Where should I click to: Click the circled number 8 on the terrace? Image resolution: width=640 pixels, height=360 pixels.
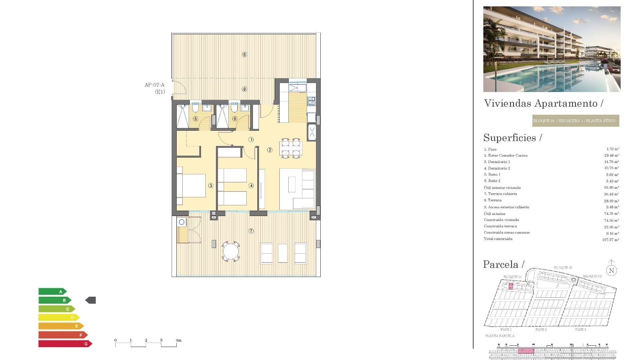244,54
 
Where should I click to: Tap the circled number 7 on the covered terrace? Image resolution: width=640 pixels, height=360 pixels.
251,231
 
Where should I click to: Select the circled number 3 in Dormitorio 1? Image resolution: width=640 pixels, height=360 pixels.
211,186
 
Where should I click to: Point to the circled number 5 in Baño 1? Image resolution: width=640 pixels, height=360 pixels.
196,119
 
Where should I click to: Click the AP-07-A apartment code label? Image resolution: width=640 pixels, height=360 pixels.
154,85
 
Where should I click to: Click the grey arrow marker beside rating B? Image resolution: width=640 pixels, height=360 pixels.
91,300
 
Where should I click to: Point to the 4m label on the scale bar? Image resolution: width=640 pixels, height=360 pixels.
179,340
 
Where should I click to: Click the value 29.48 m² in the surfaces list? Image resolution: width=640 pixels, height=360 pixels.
611,155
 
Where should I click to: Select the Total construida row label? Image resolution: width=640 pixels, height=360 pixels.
498,239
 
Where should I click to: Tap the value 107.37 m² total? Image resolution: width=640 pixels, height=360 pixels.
610,240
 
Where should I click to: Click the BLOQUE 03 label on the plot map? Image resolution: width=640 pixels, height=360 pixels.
592,276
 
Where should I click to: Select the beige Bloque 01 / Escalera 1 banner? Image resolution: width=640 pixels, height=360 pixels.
575,121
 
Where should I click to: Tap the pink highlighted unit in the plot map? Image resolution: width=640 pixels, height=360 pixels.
511,286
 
